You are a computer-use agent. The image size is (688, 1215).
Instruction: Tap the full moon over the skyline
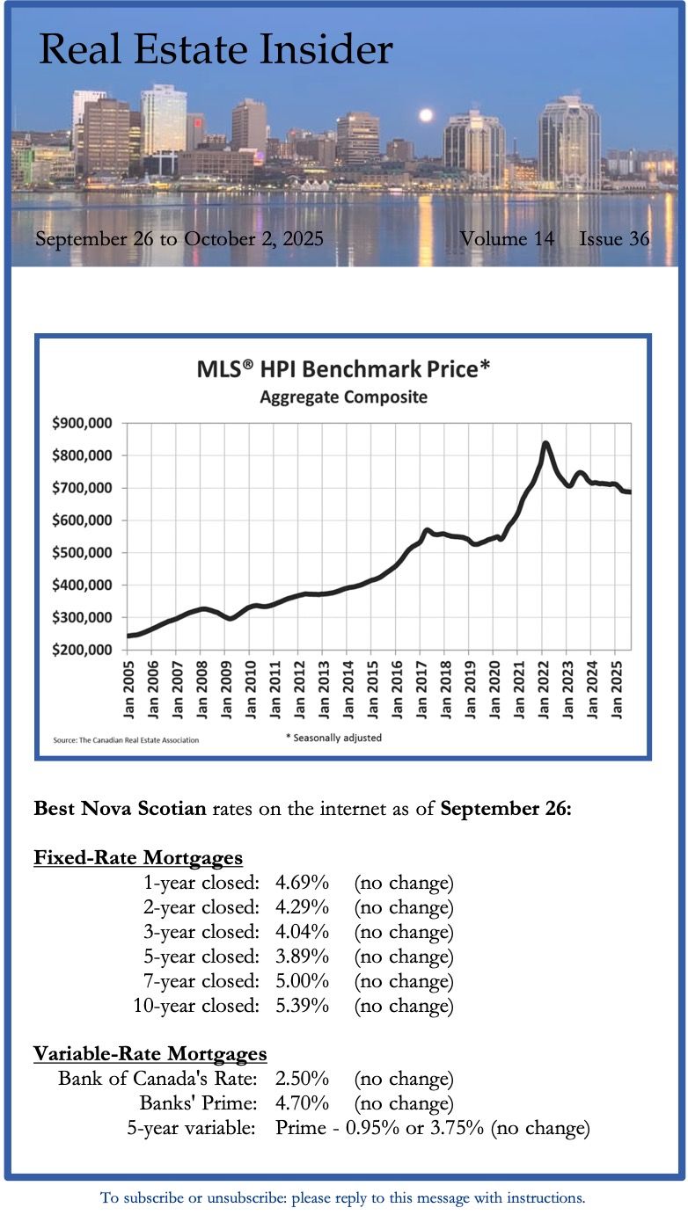[x=427, y=115]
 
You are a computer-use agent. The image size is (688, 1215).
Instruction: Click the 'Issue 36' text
[x=614, y=238]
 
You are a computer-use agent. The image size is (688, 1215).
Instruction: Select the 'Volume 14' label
[x=507, y=238]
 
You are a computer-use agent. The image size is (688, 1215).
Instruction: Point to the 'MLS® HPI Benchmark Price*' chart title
[x=343, y=368]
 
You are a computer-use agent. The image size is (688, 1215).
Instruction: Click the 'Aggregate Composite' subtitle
[x=343, y=397]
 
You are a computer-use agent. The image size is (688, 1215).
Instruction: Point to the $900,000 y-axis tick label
[x=82, y=423]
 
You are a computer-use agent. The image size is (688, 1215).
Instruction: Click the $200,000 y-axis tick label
[x=82, y=650]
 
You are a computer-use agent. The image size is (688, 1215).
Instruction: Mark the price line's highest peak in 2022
[x=546, y=443]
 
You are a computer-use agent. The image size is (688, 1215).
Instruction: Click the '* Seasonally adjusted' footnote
[x=333, y=738]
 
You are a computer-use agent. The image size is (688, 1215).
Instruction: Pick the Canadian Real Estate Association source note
[x=126, y=740]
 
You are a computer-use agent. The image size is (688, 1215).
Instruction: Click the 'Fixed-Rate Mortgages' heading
[x=138, y=857]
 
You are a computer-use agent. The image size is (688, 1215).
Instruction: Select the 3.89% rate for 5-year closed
[x=302, y=956]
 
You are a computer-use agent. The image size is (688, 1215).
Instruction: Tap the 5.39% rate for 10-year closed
[x=302, y=1005]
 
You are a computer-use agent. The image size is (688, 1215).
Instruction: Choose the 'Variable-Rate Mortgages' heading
[x=150, y=1053]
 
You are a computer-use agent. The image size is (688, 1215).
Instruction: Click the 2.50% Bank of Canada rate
[x=302, y=1078]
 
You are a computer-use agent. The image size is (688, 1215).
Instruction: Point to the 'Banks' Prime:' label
[x=198, y=1102]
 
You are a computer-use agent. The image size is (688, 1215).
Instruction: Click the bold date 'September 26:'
[x=506, y=808]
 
